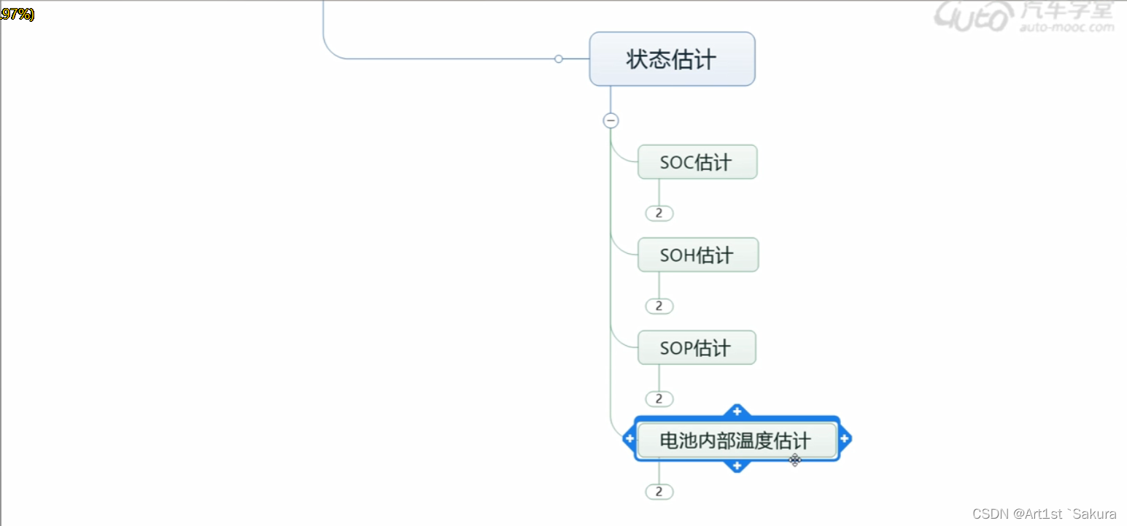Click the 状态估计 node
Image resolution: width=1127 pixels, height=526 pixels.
(x=672, y=59)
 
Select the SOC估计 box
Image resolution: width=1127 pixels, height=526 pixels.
(x=697, y=162)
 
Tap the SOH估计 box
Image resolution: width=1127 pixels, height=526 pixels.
(x=697, y=255)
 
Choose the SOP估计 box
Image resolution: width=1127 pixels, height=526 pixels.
(x=696, y=347)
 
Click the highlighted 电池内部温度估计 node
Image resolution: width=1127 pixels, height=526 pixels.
(x=736, y=441)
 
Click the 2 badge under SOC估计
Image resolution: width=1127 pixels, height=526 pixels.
(x=659, y=213)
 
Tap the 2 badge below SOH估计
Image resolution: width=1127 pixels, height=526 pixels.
(x=659, y=306)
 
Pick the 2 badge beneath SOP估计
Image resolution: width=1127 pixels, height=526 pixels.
(x=659, y=398)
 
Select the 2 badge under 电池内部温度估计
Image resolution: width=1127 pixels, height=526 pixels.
(x=659, y=492)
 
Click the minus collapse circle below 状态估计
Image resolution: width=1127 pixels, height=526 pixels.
(x=611, y=120)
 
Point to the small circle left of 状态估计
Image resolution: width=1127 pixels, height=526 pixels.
(x=559, y=58)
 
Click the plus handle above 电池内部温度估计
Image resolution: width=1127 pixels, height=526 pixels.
(x=737, y=411)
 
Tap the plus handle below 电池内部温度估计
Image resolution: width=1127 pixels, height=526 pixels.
(x=737, y=465)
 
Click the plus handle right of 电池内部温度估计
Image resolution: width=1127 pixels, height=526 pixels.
(x=845, y=438)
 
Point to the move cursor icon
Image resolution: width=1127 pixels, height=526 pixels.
(x=795, y=460)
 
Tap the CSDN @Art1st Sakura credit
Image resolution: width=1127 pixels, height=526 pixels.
(x=1044, y=514)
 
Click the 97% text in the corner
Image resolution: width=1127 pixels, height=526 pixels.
(x=17, y=14)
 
